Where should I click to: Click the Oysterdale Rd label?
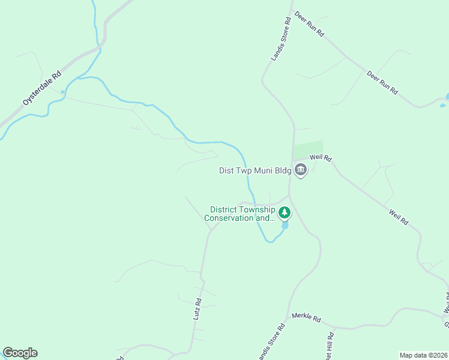(43, 89)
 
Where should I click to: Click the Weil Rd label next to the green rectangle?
(321, 158)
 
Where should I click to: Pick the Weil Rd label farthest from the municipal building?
(399, 217)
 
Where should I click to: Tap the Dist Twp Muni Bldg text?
(255, 170)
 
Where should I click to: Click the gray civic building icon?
(301, 170)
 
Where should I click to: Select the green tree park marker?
(285, 212)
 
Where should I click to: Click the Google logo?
(20, 353)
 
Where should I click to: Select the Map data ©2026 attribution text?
(423, 355)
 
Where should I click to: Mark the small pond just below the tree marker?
(285, 226)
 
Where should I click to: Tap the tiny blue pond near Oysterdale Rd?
(62, 92)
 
